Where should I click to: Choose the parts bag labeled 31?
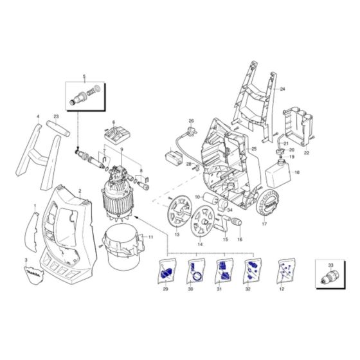[x=221, y=273]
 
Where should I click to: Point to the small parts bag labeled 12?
[x=282, y=273]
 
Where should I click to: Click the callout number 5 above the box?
[x=83, y=76]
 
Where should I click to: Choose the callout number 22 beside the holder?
[x=306, y=154]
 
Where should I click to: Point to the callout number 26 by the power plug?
[x=191, y=121]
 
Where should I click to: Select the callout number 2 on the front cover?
[x=79, y=192]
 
